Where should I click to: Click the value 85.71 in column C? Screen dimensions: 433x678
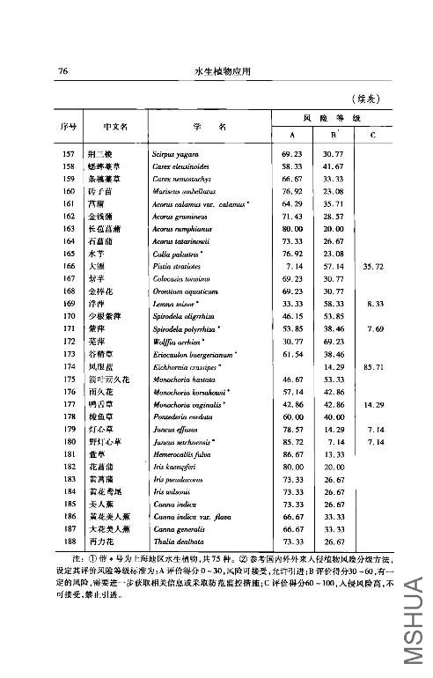click(372, 365)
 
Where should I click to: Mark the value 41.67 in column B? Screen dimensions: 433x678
click(332, 166)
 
